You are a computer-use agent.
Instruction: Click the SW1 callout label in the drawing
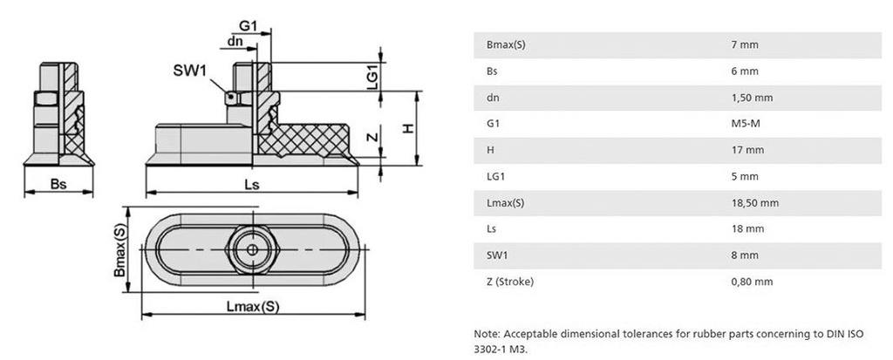pos(190,67)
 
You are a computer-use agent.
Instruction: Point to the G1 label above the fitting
pos(248,27)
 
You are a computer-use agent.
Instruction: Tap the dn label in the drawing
pos(235,41)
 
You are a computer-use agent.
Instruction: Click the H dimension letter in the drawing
pos(406,129)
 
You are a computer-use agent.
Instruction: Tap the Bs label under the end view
pos(58,185)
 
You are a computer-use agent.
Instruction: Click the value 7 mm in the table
pos(743,43)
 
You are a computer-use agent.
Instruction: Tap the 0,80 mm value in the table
pos(752,282)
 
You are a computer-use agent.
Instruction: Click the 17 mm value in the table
pos(747,150)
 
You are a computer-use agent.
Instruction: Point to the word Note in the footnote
pos(486,333)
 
